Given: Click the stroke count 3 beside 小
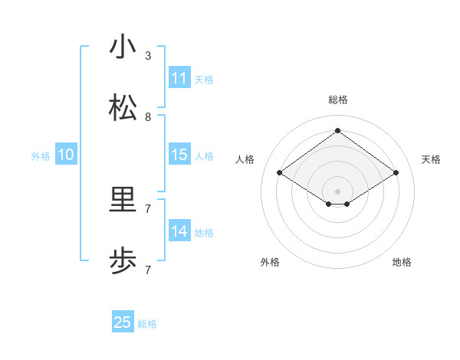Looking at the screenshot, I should (x=148, y=56).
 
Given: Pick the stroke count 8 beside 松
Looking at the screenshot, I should (x=148, y=117).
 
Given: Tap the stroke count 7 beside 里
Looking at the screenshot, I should (x=148, y=208).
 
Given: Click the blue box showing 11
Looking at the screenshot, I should (x=179, y=78).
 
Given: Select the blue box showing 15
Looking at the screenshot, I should (x=179, y=155).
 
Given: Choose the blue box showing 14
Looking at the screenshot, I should (x=179, y=231).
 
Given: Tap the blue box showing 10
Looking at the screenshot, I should (x=66, y=155).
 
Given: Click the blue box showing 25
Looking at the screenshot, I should (x=123, y=322).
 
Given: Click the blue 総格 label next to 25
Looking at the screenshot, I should (x=147, y=324).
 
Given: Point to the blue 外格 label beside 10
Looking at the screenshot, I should (x=41, y=156).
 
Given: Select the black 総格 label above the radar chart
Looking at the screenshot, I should (x=338, y=100).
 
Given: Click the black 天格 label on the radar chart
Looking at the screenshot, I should (x=432, y=159).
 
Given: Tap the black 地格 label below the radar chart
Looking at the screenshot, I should (x=402, y=262).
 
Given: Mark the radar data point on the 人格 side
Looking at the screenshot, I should (x=280, y=173).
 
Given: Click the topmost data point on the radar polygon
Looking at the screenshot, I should (x=337, y=131).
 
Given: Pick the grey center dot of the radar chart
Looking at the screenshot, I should (x=337, y=191).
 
